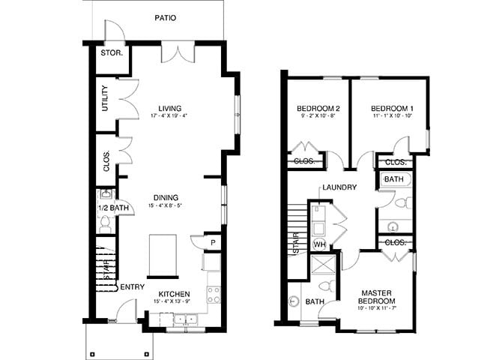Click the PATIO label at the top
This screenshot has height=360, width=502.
pyautogui.click(x=166, y=17)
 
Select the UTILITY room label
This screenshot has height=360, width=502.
pyautogui.click(x=105, y=98)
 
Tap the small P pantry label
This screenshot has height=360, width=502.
pyautogui.click(x=213, y=243)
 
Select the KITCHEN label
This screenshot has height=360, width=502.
pyautogui.click(x=174, y=293)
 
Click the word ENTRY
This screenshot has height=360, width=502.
pyautogui.click(x=132, y=286)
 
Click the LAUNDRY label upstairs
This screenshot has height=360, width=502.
pyautogui.click(x=339, y=187)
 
